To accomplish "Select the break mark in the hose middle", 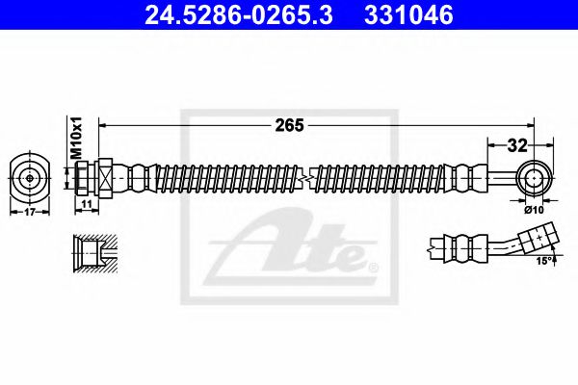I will [303, 178].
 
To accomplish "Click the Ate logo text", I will [289, 252].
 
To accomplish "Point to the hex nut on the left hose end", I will [103, 178].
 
